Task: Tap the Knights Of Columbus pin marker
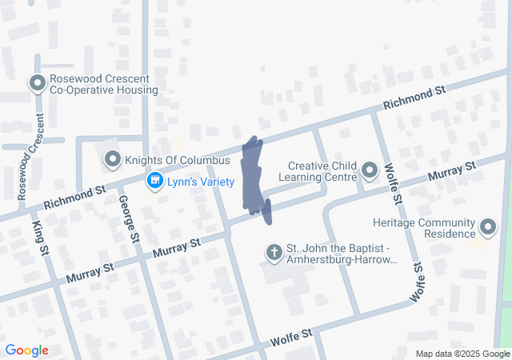(113, 160)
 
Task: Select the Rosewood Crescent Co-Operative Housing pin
(37, 83)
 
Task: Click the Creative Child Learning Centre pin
(369, 170)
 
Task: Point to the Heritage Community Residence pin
(487, 230)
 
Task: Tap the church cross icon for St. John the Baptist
(273, 254)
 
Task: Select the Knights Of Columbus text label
(172, 160)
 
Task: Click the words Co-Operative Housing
(104, 90)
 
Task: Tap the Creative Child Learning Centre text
(317, 170)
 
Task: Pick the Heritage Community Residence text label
(424, 230)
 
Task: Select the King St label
(39, 240)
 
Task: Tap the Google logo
(26, 350)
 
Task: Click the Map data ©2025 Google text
(462, 354)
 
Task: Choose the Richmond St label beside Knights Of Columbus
(76, 196)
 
